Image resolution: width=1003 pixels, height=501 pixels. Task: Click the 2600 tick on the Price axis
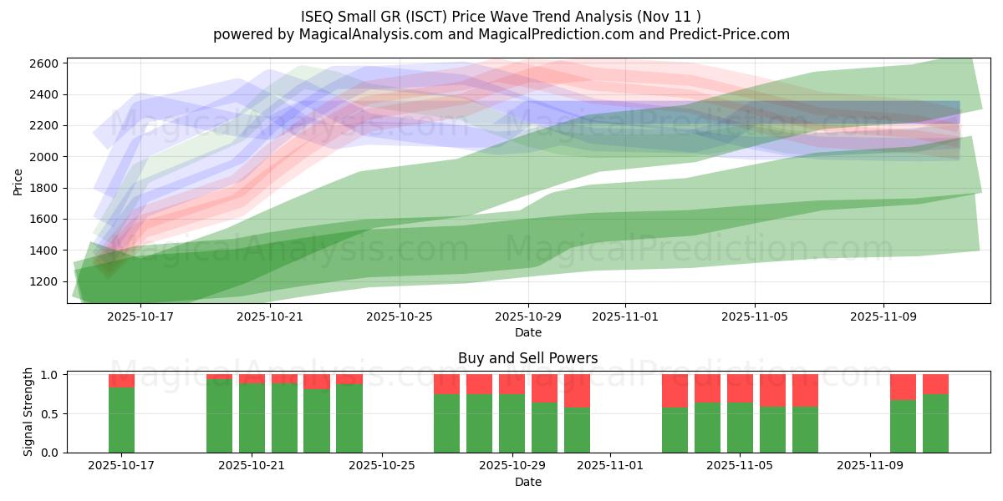tap(45, 63)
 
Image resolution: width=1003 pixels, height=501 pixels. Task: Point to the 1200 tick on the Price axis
tap(45, 281)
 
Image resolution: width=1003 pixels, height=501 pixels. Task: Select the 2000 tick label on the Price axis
tap(45, 157)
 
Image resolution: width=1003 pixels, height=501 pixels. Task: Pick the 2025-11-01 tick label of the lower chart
tap(610, 466)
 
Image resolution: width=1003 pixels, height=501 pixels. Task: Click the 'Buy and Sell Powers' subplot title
tap(527, 359)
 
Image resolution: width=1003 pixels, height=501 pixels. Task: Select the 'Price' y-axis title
tap(18, 181)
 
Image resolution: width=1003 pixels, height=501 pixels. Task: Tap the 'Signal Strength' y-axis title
tap(28, 412)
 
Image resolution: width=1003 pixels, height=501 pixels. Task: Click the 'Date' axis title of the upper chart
tap(527, 332)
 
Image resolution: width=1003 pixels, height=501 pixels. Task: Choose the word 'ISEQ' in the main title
tap(318, 16)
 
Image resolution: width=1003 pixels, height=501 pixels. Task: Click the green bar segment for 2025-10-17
tap(122, 420)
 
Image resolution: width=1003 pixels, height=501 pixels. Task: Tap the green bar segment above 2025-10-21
tap(252, 417)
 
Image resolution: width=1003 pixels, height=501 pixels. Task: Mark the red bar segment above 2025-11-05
tap(740, 388)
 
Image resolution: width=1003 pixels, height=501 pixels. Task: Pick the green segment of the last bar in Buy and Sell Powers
tap(935, 423)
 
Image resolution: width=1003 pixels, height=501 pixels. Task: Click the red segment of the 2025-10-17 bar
tap(122, 381)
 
